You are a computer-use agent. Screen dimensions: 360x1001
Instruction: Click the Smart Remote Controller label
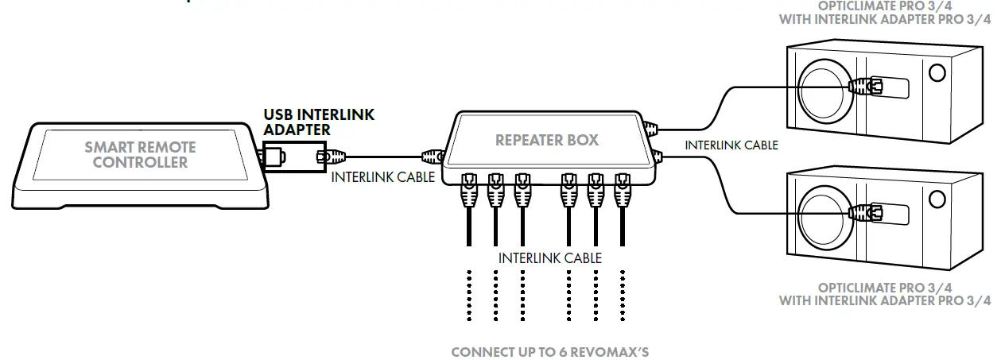click(x=140, y=155)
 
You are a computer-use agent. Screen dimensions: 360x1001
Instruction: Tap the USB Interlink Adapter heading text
click(x=319, y=122)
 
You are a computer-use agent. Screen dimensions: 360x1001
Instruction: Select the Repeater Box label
click(x=546, y=141)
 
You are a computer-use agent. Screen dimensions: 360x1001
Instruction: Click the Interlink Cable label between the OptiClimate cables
click(x=731, y=145)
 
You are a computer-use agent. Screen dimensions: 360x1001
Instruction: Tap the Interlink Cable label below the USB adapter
click(x=382, y=176)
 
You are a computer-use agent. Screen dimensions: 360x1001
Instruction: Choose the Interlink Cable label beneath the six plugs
click(x=549, y=257)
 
